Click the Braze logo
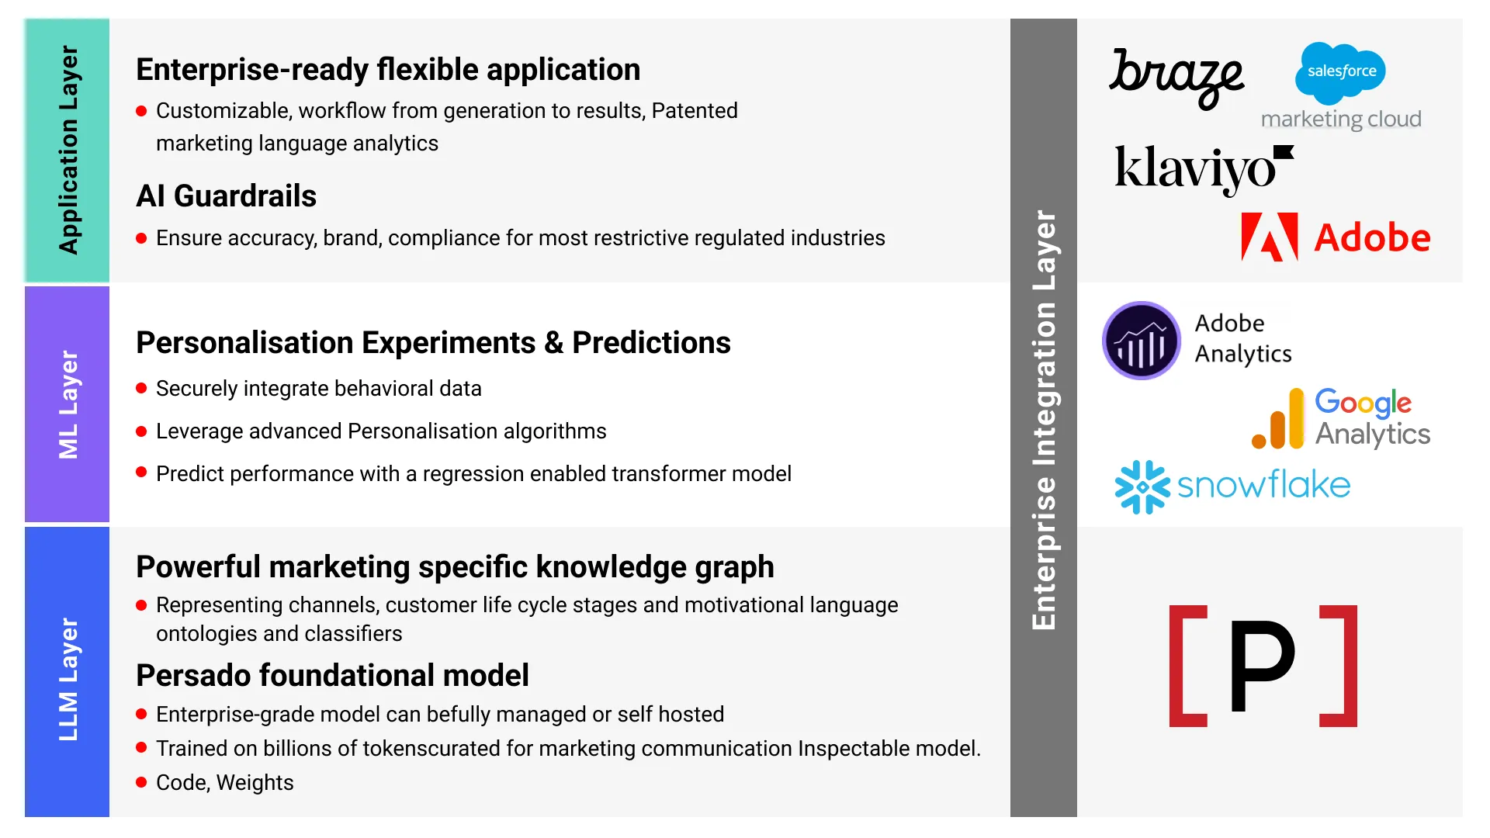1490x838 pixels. (1176, 78)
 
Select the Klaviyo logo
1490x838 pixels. (1204, 169)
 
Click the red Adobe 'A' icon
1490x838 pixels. (1270, 237)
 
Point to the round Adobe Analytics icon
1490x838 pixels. (1142, 341)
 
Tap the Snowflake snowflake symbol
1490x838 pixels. (1142, 487)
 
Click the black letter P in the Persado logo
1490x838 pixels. (1263, 666)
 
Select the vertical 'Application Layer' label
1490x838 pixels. (68, 150)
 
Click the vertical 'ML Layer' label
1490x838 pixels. (68, 404)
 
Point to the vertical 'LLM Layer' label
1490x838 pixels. (68, 679)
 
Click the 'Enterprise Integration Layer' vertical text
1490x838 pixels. (1044, 420)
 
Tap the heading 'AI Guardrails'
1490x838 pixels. (227, 196)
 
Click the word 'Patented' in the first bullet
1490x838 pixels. (695, 111)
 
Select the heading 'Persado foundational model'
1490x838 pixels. (332, 675)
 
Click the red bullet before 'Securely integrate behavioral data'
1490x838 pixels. (141, 388)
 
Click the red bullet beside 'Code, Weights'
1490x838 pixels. (141, 782)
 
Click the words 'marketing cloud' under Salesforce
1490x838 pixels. (1341, 119)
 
